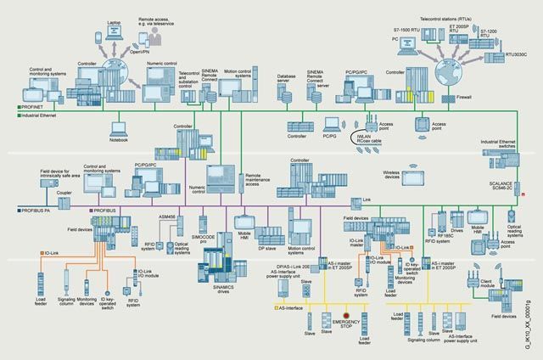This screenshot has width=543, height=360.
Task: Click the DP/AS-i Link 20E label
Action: click(283, 267)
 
